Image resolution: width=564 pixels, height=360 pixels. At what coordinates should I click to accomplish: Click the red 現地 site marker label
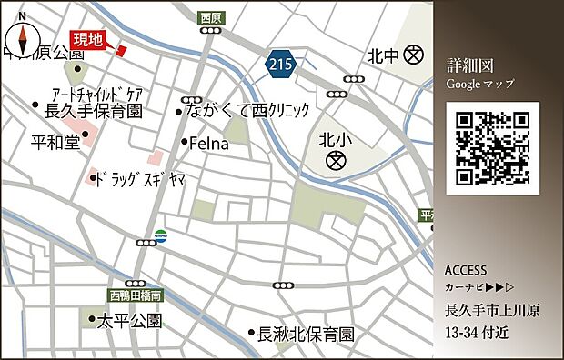coord(88,38)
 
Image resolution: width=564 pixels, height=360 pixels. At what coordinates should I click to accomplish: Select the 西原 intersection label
coord(210,16)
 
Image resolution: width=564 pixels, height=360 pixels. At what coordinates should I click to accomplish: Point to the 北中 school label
coord(383,55)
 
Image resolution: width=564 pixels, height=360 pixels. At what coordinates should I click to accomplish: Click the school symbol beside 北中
coord(415,55)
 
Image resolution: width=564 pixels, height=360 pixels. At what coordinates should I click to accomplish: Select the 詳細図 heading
coord(469,66)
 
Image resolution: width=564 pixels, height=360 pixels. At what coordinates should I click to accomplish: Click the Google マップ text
coord(479,84)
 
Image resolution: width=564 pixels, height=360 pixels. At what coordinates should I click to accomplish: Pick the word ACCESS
coord(467,271)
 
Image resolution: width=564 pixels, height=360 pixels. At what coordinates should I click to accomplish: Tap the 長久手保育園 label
coord(94,111)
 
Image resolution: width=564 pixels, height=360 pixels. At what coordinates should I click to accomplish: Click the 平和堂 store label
coord(55,142)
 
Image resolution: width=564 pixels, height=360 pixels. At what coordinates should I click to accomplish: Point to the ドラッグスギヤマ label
coord(141,179)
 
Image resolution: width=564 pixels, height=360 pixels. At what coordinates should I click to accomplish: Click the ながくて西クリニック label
coord(247,111)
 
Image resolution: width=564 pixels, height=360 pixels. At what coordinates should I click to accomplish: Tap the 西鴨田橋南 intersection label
coord(136,295)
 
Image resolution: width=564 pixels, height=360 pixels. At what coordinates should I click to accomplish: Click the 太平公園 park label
coord(129,321)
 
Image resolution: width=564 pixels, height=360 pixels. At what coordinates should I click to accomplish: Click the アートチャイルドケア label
coord(98,94)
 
